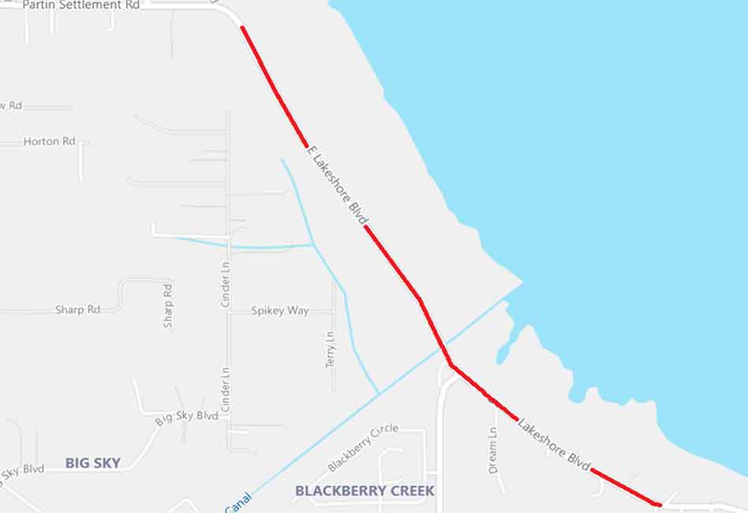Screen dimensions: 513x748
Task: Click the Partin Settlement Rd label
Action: pos(81,6)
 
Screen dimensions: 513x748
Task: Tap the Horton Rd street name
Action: pos(49,141)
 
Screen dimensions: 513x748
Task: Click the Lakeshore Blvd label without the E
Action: pos(553,445)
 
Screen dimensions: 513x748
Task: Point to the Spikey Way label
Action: pos(279,311)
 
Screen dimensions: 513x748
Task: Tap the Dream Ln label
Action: pos(493,451)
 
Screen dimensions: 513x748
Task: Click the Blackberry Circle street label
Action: pos(363,447)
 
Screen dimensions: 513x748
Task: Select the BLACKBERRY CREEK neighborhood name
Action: pos(365,491)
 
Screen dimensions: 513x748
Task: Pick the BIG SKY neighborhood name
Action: pos(92,463)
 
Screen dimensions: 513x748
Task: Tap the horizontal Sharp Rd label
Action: pos(77,309)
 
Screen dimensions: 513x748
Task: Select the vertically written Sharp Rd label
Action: pos(168,305)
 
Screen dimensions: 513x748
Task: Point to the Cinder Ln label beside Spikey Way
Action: pos(226,288)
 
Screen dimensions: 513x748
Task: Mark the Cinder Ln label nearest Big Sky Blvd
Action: pos(226,389)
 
